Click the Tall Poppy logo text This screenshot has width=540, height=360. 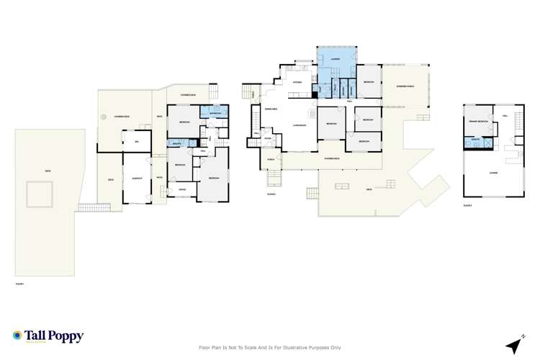pyautogui.click(x=54, y=336)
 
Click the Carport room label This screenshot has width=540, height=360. pyautogui.click(x=137, y=178)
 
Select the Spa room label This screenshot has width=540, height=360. pyautogui.click(x=136, y=142)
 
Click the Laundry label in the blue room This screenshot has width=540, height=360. pyautogui.click(x=336, y=58)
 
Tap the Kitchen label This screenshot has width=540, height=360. pyautogui.click(x=297, y=82)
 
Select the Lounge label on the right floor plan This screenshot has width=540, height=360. pyautogui.click(x=493, y=173)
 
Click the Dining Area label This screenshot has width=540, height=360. pyautogui.click(x=272, y=108)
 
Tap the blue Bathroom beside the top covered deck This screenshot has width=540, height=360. pyautogui.click(x=217, y=114)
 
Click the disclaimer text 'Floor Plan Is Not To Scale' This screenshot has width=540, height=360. pyautogui.click(x=269, y=347)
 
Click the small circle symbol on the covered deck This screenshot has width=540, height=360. pyautogui.click(x=104, y=116)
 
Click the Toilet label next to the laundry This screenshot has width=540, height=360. pyautogui.click(x=336, y=89)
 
